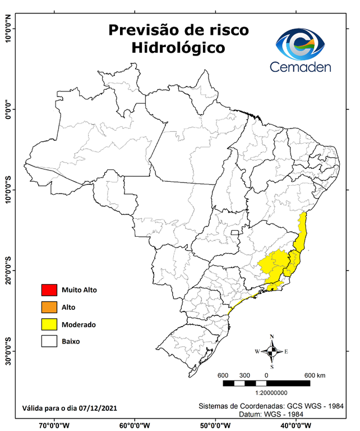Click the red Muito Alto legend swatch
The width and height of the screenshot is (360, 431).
(x=49, y=290)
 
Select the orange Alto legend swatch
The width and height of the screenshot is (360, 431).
(x=49, y=307)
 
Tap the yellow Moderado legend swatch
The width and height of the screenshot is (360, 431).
(x=49, y=324)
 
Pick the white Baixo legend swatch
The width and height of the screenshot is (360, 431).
(x=49, y=341)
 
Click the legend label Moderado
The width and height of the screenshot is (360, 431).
(x=79, y=324)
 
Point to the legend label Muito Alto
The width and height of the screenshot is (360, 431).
(x=79, y=290)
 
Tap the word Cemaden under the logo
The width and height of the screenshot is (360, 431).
(x=300, y=67)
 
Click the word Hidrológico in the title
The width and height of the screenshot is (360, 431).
(x=178, y=48)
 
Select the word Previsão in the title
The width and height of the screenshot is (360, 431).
(x=142, y=29)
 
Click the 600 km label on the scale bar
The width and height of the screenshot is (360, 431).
(x=315, y=375)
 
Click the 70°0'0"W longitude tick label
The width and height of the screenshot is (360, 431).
(x=54, y=425)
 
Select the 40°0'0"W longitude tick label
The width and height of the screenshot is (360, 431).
(x=293, y=425)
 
